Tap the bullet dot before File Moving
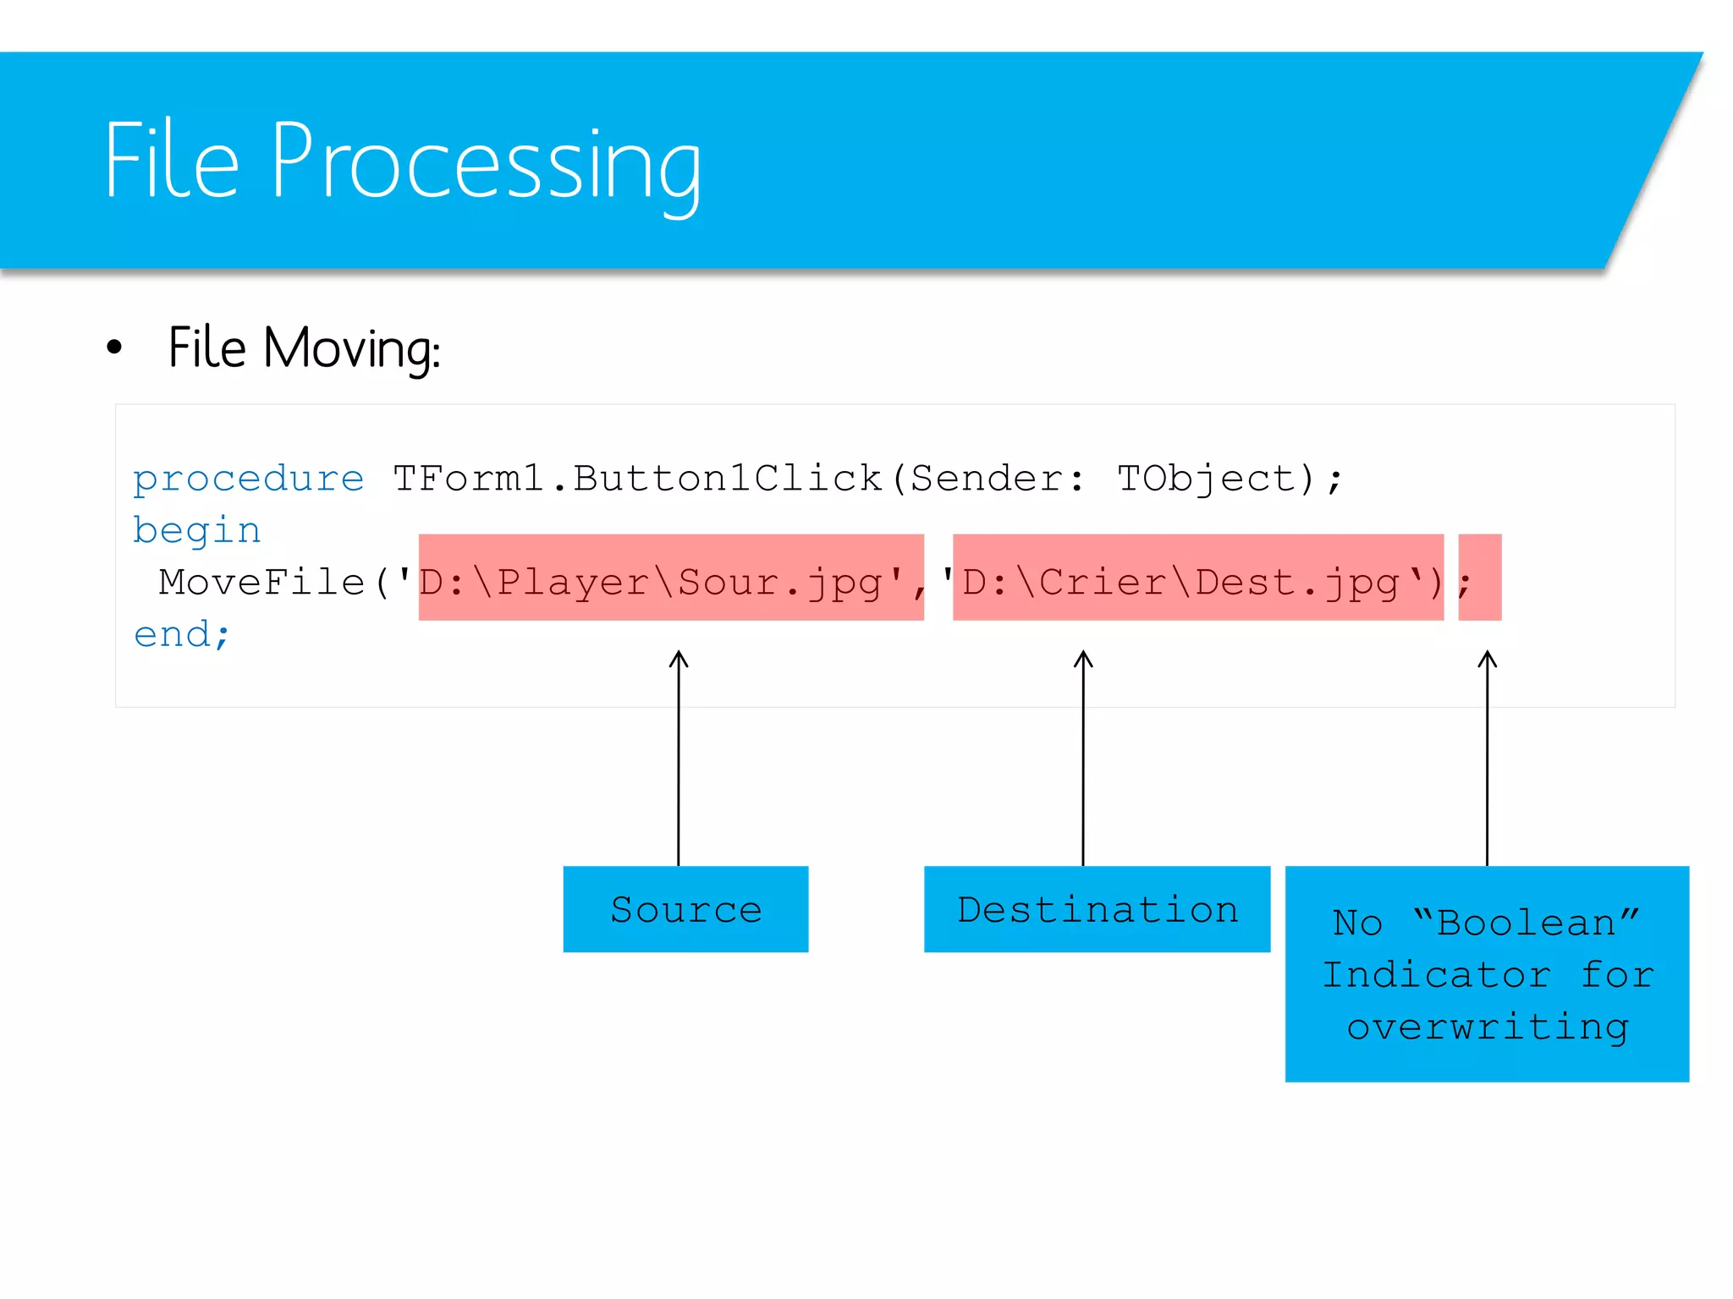pyautogui.click(x=114, y=347)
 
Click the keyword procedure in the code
pyautogui.click(x=248, y=480)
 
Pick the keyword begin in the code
pyautogui.click(x=196, y=531)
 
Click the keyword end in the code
pyautogui.click(x=173, y=634)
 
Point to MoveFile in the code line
pyautogui.click(x=261, y=582)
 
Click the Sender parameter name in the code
pyautogui.click(x=986, y=479)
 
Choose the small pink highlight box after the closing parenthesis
pyautogui.click(x=1480, y=578)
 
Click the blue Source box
pyautogui.click(x=685, y=909)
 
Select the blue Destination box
pyautogui.click(x=1097, y=909)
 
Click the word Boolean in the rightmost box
pyautogui.click(x=1527, y=923)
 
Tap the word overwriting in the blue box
pyautogui.click(x=1487, y=1028)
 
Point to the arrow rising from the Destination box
pyautogui.click(x=1083, y=761)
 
